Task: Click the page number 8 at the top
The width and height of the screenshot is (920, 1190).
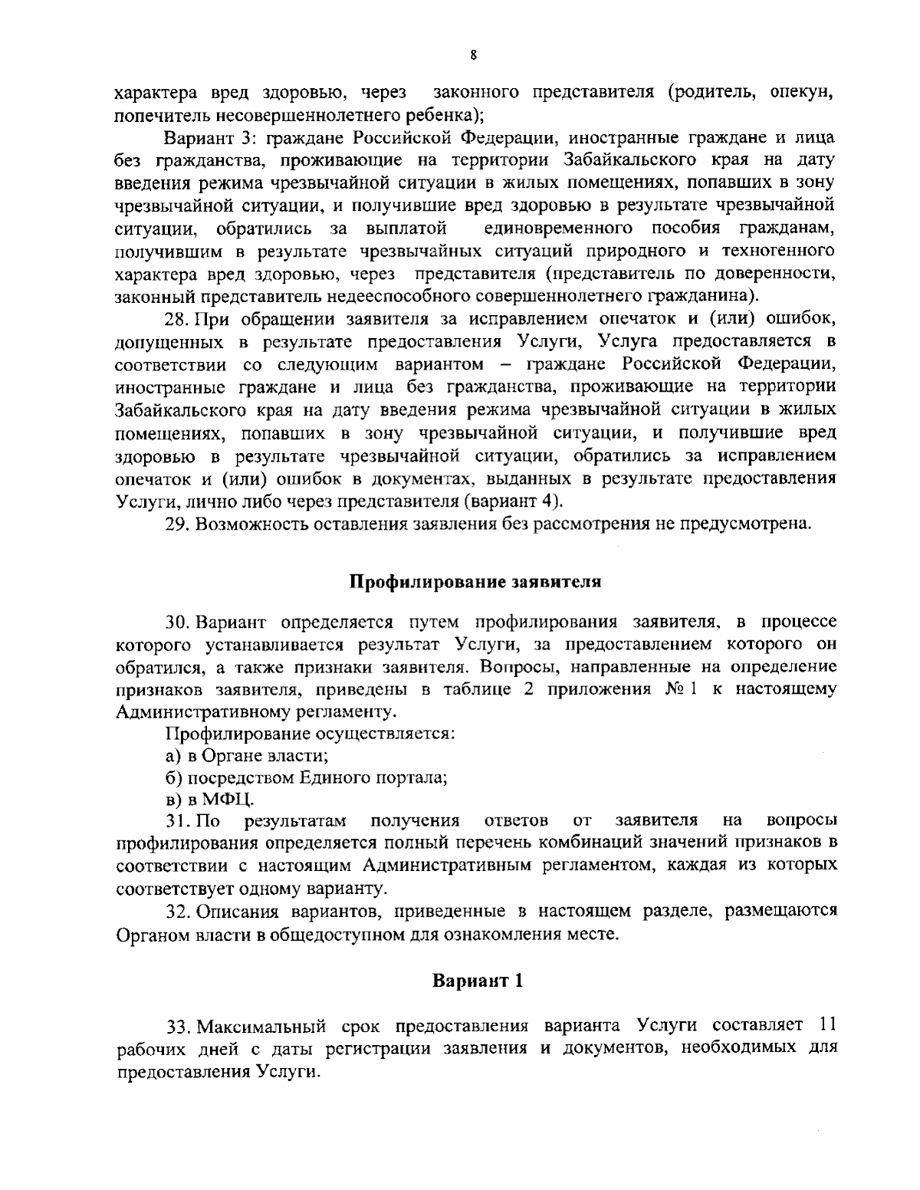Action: (x=474, y=54)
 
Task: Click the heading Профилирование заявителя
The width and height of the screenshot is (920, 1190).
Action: (x=475, y=581)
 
